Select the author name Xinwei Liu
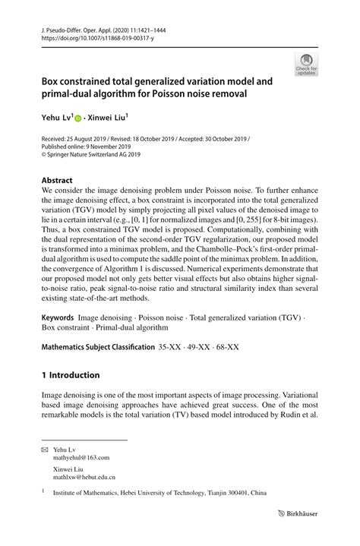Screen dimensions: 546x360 (106, 118)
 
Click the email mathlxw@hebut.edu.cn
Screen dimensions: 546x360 (84, 478)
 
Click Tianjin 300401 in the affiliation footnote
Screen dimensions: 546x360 (230, 493)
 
